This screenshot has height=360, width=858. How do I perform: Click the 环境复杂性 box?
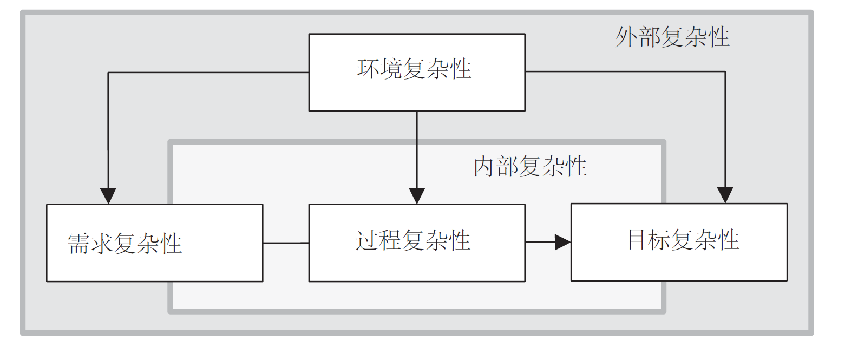point(416,73)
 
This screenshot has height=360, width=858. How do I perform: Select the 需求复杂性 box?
point(154,243)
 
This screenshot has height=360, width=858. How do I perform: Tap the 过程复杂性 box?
point(416,243)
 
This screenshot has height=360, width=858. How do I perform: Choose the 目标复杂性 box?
point(678,241)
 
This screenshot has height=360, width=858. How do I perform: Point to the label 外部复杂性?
point(672,37)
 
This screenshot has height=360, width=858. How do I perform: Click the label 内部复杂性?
point(529,166)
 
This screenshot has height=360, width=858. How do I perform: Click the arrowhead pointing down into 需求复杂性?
point(108,195)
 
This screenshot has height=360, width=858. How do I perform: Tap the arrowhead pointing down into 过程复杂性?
point(416,195)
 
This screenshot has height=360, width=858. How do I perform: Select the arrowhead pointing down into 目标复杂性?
point(725,195)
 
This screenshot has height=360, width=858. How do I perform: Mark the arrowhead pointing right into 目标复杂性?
point(562,242)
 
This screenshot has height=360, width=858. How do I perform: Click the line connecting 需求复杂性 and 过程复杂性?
point(285,243)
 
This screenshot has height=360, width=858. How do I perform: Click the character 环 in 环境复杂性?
point(368,69)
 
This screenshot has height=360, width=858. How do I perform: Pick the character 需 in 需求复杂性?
point(79,244)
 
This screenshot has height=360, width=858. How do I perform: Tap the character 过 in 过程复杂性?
point(367,240)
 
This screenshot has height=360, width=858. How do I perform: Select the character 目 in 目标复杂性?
point(637,240)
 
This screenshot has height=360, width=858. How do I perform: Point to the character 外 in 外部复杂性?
point(626,37)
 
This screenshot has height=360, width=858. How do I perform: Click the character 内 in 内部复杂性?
point(484,166)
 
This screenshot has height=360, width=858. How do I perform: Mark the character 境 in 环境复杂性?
point(391,69)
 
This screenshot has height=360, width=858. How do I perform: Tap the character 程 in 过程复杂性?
point(390,240)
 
